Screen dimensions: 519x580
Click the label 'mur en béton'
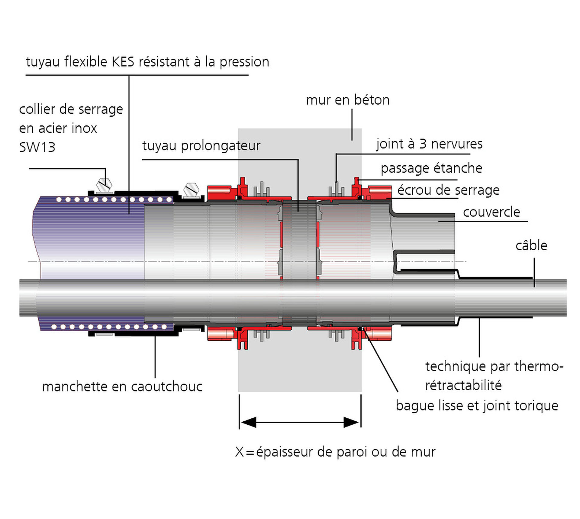348,100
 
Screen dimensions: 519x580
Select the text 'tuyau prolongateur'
201,146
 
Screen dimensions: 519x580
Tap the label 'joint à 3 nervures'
429,144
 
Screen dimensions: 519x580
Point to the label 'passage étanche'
431,168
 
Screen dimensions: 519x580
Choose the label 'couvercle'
491,212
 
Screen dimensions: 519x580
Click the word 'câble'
531,245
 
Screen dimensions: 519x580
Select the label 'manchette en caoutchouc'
122,387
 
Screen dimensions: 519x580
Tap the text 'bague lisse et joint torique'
477,406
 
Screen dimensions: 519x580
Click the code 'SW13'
37,148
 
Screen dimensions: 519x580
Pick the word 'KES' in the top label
123,62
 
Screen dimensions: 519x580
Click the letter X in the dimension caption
239,452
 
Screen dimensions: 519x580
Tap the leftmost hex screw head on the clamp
104,185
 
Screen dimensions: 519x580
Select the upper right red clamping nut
379,191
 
